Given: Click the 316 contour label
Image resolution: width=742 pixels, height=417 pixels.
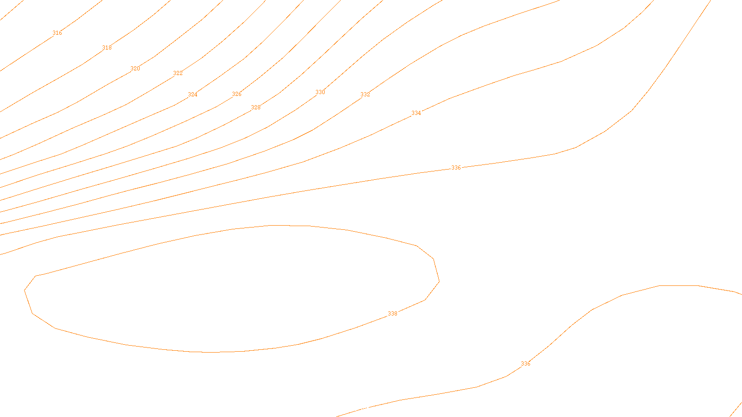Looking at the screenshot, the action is click(57, 33).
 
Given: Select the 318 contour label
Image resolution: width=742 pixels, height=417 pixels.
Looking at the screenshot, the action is click(107, 48).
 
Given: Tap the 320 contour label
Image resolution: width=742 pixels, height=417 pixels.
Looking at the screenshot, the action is click(135, 69).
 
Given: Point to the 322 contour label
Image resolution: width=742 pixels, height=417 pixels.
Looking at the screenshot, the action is click(178, 73).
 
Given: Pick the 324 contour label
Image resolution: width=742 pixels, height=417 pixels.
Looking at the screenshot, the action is click(192, 95).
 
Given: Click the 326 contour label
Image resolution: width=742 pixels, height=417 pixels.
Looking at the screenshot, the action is click(237, 94).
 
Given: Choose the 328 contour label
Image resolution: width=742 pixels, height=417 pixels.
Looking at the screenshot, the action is click(256, 107).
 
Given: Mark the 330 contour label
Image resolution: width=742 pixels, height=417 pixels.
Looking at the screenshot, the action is click(320, 92).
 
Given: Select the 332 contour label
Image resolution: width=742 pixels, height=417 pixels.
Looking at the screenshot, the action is click(365, 95).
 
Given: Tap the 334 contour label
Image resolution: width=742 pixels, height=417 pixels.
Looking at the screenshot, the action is click(416, 113).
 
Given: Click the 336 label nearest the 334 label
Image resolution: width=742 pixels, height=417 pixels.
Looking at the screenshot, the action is click(456, 168).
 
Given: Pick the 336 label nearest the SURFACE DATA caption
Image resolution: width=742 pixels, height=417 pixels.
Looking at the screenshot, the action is click(525, 364).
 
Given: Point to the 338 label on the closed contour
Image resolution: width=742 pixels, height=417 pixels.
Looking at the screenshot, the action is click(392, 314).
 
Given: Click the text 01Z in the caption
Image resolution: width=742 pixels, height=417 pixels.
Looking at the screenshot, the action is click(352, 409).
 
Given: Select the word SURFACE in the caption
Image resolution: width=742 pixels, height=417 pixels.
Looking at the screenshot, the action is click(371, 409).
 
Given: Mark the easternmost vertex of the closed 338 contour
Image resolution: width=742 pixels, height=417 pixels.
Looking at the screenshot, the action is click(439, 281).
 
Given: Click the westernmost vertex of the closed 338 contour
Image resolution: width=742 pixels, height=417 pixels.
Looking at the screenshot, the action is click(25, 291).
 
